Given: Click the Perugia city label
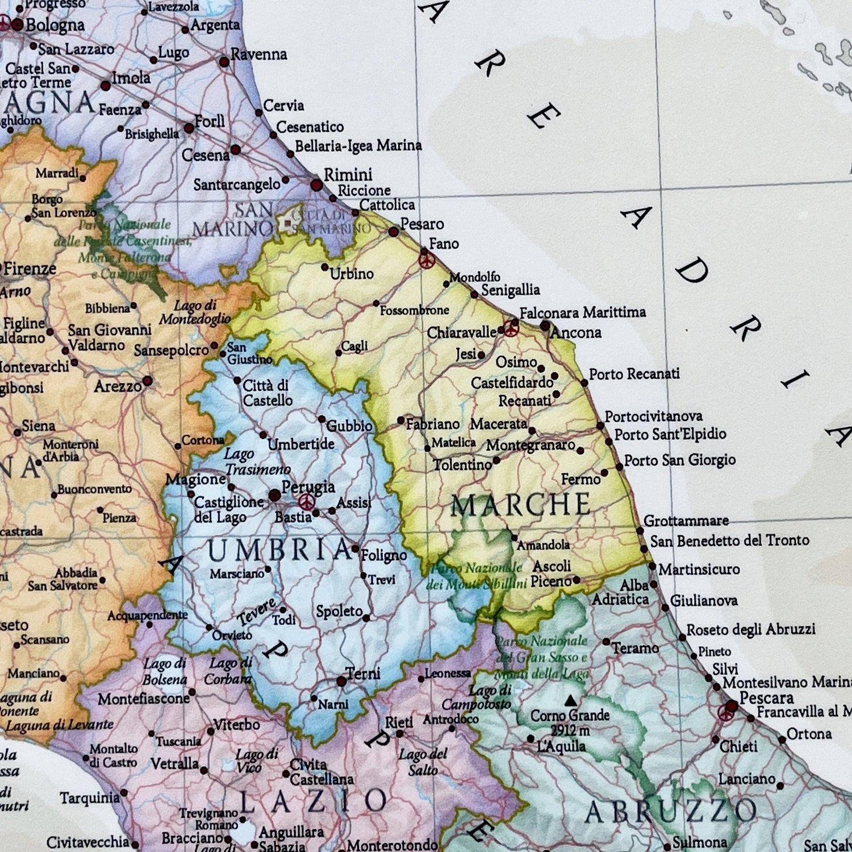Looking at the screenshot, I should coord(308,487).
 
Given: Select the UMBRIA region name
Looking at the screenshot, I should coord(279,550).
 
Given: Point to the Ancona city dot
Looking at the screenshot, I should coord(545,326).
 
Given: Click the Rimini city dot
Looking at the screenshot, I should coord(317,185).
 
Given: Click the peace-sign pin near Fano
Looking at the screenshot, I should coord(426,260).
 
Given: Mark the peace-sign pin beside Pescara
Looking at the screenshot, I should coord(725,712).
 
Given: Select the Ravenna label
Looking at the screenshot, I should coord(258,55).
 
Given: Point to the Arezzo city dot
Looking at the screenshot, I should coord(148,381).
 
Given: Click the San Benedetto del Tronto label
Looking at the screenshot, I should coord(729,540).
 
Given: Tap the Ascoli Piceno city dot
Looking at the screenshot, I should coord(577,580).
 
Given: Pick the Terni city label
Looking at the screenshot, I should coord(363,674).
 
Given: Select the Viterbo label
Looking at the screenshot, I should coord(236,725).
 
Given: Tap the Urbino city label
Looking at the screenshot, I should coord(352,274).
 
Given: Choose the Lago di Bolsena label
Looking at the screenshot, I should coord(165,671).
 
